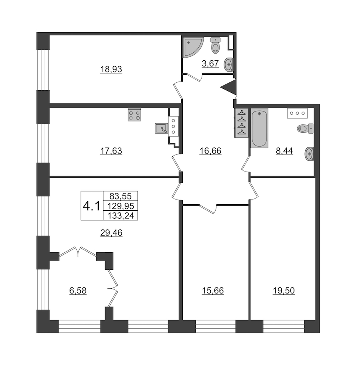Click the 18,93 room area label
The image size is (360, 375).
pyautogui.click(x=111, y=69)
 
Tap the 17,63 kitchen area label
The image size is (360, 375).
pyautogui.click(x=111, y=151)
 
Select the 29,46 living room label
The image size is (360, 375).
pyautogui.click(x=111, y=232)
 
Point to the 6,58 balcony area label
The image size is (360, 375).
pyautogui.click(x=78, y=291)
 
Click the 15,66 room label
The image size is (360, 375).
pyautogui.click(x=213, y=291)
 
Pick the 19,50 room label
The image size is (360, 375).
pyautogui.click(x=284, y=291)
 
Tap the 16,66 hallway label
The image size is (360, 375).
pyautogui.click(x=210, y=151)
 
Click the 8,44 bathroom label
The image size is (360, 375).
pyautogui.click(x=284, y=151)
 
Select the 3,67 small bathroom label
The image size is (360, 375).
pyautogui.click(x=210, y=64)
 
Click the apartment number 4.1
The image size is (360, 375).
pyautogui.click(x=92, y=206)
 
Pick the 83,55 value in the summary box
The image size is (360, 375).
pyautogui.click(x=120, y=196)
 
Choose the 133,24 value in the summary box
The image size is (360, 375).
pyautogui.click(x=120, y=216)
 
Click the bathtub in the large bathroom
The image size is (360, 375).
pyautogui.click(x=260, y=128)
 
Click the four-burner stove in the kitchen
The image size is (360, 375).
pyautogui.click(x=134, y=115)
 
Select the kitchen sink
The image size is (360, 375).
pyautogui.click(x=162, y=128)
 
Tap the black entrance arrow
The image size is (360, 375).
pyautogui.click(x=228, y=88)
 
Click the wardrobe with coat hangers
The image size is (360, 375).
pyautogui.click(x=241, y=123)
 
